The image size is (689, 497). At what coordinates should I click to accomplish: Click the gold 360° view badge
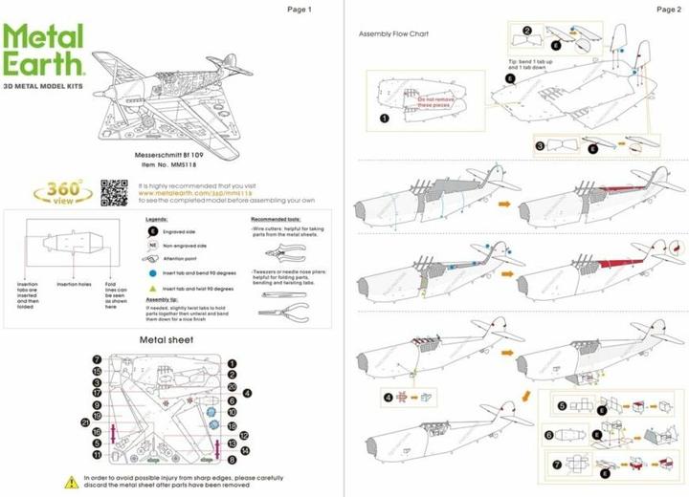pos(60,191)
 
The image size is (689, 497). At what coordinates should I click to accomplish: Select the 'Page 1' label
pos(300,10)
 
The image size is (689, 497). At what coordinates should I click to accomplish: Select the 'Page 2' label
pos(668,10)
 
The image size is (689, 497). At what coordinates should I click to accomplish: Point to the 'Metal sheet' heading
pos(167,339)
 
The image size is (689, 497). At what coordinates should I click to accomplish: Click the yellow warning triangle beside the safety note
pos(71,481)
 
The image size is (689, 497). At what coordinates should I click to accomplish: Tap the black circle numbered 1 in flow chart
pos(383,119)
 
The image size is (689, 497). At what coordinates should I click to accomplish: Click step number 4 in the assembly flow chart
pos(389,397)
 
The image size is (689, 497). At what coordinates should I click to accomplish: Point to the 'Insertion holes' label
pos(73,284)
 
